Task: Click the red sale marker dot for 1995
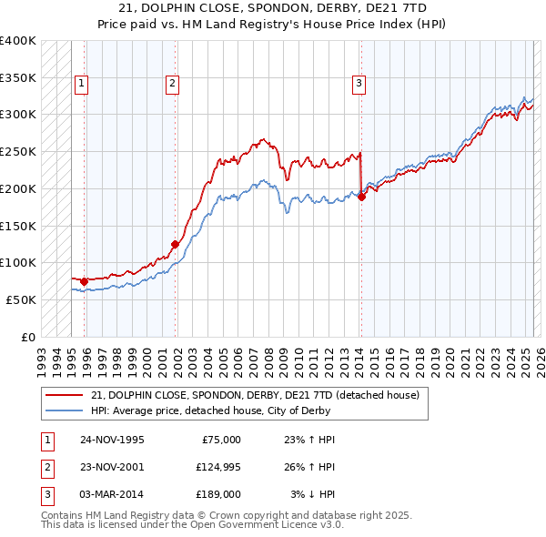pos(85,281)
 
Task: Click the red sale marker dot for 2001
pos(175,244)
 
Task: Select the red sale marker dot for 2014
pos(361,196)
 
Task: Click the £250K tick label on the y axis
pos(18,151)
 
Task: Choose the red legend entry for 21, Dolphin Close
pos(255,395)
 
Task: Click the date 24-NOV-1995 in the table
pos(112,440)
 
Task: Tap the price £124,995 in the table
pos(218,467)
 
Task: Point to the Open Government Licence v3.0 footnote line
pos(192,525)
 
